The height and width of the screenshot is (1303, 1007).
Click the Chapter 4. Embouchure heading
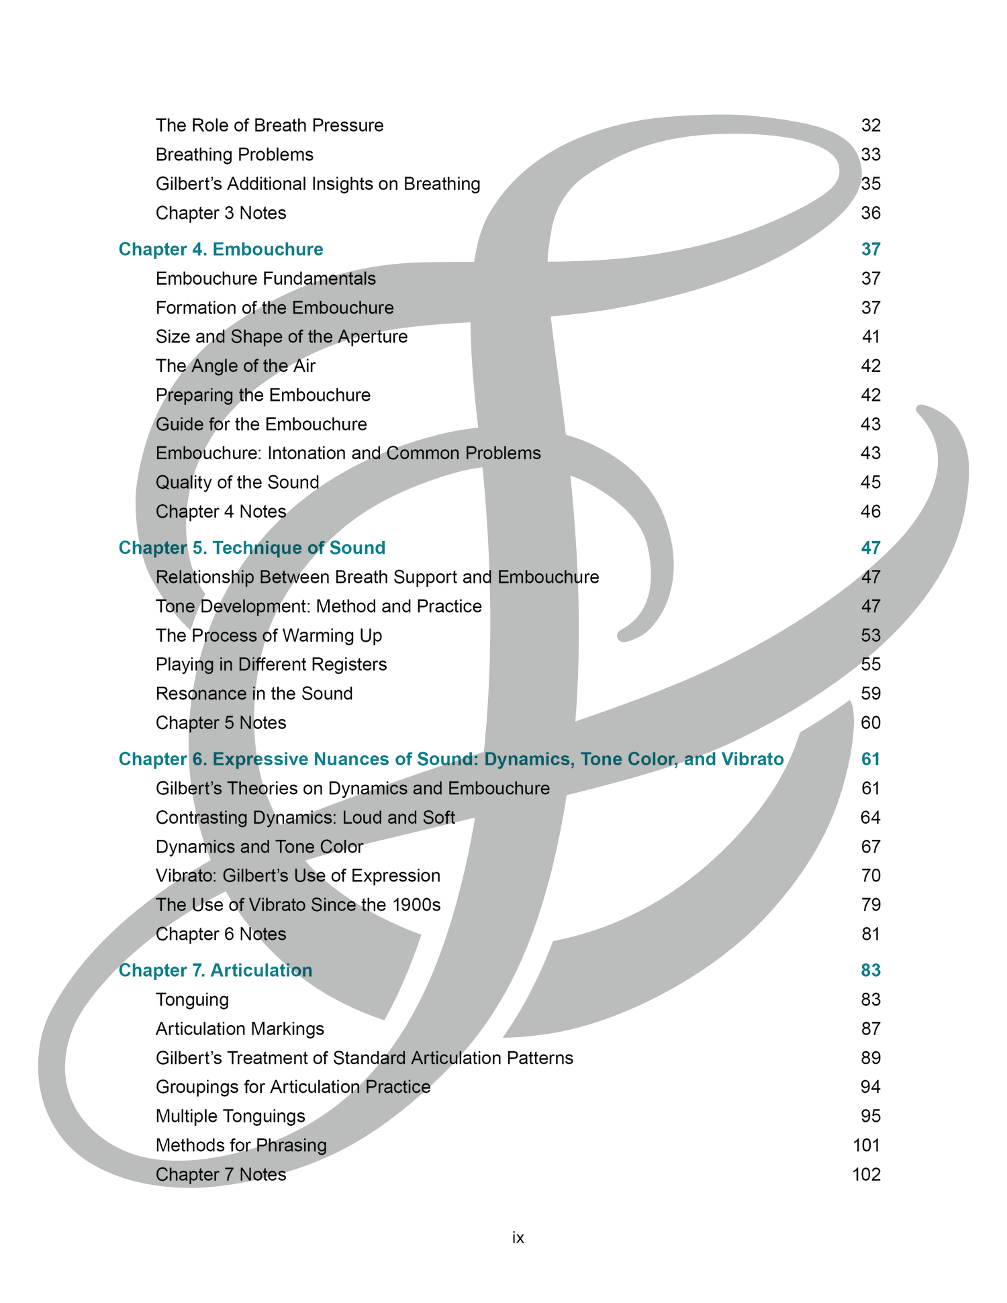pyautogui.click(x=221, y=250)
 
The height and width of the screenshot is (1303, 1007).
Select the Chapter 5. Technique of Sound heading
pyautogui.click(x=252, y=548)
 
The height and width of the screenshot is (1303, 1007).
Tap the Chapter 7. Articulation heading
pyautogui.click(x=215, y=970)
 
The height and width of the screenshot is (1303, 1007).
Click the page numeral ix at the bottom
pyautogui.click(x=518, y=1237)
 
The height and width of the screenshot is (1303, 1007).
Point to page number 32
pyautogui.click(x=871, y=126)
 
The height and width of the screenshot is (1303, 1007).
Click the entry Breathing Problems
pyautogui.click(x=234, y=155)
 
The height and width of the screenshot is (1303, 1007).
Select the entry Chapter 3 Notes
pyautogui.click(x=221, y=213)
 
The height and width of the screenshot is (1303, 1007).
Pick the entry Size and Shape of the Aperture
pyautogui.click(x=281, y=336)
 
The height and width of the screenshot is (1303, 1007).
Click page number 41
pyautogui.click(x=871, y=336)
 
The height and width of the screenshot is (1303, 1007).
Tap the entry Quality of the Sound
pyautogui.click(x=237, y=482)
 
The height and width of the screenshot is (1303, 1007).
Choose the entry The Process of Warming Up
pyautogui.click(x=269, y=635)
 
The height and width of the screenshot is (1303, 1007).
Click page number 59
pyautogui.click(x=871, y=693)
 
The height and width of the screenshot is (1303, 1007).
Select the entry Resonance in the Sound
pyautogui.click(x=254, y=693)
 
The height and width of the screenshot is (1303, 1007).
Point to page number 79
pyautogui.click(x=871, y=905)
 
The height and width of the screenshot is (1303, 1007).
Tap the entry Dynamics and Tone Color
pyautogui.click(x=259, y=847)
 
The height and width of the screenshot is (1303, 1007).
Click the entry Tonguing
pyautogui.click(x=192, y=1000)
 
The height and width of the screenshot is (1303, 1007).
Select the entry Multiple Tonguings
pyautogui.click(x=230, y=1116)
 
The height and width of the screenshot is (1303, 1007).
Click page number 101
pyautogui.click(x=867, y=1145)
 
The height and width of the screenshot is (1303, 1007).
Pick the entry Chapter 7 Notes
pyautogui.click(x=221, y=1175)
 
